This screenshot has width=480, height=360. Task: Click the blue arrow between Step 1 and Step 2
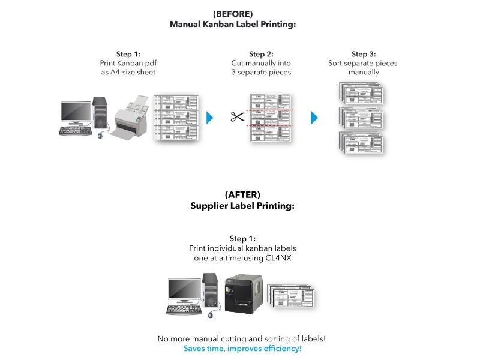[x=209, y=117]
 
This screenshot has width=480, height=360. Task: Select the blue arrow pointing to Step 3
[x=314, y=117]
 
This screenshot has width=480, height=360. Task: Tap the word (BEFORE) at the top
[x=233, y=13]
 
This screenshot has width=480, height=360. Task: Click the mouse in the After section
[x=210, y=314]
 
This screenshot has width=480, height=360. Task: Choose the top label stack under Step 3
[x=360, y=92]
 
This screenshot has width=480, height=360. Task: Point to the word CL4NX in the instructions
[x=282, y=258]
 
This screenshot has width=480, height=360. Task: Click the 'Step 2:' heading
[x=261, y=54]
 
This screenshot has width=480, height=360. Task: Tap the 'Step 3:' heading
[x=363, y=54]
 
